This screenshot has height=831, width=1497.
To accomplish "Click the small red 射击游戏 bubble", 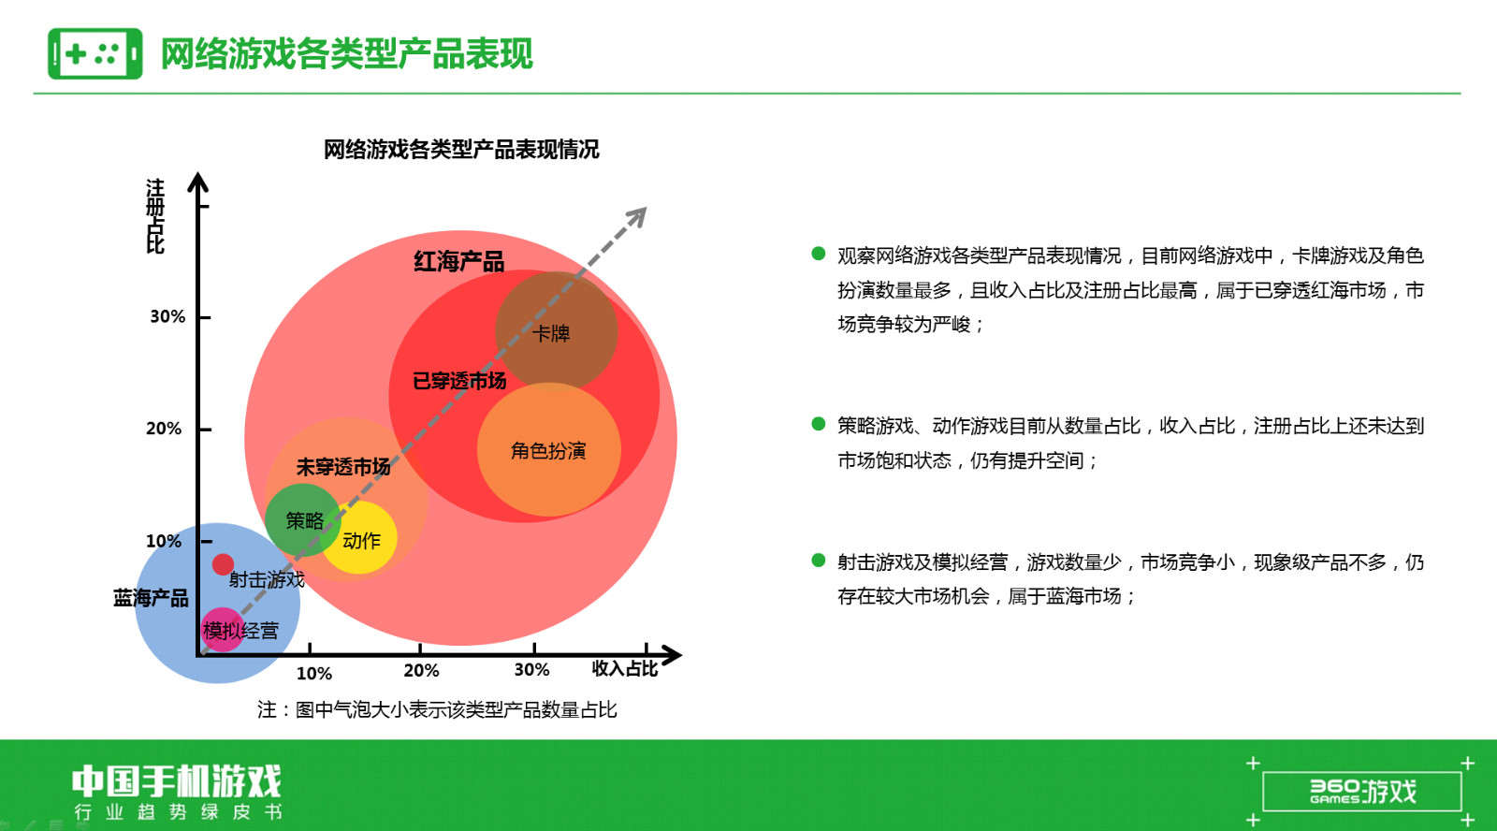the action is click(x=224, y=564).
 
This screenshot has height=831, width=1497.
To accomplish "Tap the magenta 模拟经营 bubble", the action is click(x=223, y=629).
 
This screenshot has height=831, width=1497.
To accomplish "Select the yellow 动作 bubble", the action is click(x=359, y=537).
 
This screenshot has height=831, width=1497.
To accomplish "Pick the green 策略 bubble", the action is click(x=303, y=520).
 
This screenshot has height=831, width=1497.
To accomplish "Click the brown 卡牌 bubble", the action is click(x=556, y=331).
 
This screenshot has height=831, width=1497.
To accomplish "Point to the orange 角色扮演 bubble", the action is click(x=548, y=449).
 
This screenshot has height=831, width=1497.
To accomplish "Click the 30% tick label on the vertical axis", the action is click(x=167, y=316).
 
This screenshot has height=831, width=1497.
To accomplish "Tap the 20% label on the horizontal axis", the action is click(x=421, y=671).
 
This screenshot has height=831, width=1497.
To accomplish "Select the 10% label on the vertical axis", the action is click(x=164, y=541).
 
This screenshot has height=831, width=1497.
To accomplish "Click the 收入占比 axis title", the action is click(x=625, y=668).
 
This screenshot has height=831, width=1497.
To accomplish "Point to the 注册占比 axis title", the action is click(x=155, y=216).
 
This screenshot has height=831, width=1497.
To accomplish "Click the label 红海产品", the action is click(x=459, y=261).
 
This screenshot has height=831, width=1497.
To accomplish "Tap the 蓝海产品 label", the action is click(x=151, y=597).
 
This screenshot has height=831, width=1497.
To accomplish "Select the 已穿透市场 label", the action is click(x=459, y=381).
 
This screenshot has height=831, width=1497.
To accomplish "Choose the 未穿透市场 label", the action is click(x=342, y=467).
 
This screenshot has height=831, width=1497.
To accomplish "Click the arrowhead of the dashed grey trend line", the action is click(x=637, y=216).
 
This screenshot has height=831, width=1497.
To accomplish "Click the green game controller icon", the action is click(x=94, y=53).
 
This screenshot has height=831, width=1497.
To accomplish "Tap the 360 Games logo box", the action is click(x=1362, y=792).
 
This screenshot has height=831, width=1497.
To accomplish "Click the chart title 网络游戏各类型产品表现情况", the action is click(x=461, y=149).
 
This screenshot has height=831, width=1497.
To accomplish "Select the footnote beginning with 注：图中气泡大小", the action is click(x=437, y=709).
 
